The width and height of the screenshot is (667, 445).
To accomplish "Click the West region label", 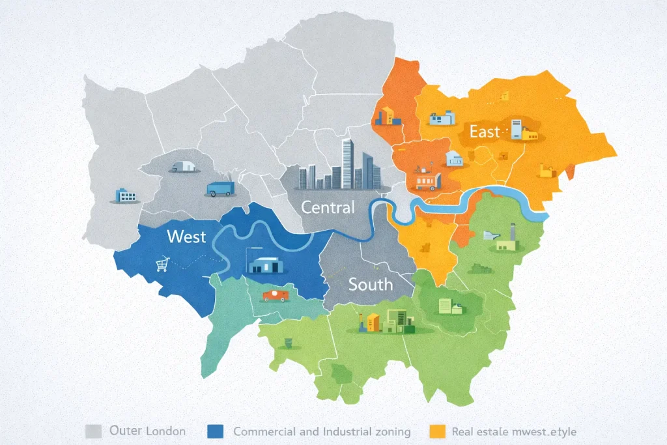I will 186,236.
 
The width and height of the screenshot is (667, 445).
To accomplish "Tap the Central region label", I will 328,208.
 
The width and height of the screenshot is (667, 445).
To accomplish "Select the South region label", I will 371,284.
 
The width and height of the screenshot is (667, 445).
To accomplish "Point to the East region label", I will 485,132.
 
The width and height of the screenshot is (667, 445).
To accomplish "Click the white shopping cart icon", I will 162,264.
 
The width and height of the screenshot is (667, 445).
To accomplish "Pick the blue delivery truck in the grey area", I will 220,188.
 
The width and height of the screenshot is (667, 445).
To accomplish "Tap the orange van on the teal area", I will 274,295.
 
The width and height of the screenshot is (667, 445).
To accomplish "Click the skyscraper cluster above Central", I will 342,167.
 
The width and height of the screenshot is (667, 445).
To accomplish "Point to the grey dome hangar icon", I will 184,165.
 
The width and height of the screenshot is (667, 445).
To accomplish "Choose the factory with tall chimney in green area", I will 508,240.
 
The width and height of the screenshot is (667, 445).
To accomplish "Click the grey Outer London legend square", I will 92,431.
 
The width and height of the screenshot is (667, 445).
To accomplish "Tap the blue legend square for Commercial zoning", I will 214,431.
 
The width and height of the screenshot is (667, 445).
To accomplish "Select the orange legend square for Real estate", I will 438,431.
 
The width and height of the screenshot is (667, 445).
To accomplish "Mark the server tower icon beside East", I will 517,129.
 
